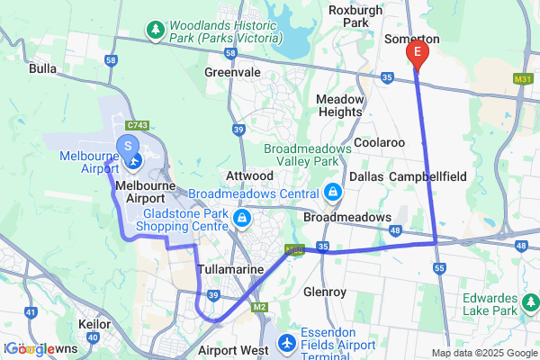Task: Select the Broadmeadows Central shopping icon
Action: (x=333, y=192)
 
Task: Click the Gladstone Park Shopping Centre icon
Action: (x=241, y=218)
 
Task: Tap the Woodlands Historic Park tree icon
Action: (x=157, y=31)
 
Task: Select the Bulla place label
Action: (x=43, y=68)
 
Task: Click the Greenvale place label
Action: (x=232, y=72)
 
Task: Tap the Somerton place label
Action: (x=411, y=40)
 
